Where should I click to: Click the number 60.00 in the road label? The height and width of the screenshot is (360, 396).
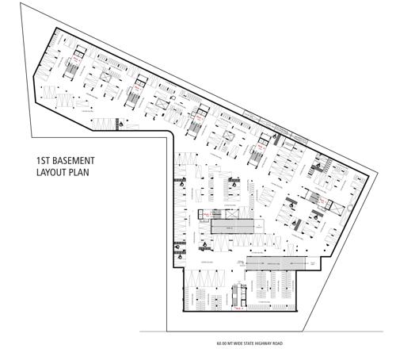point(220,344)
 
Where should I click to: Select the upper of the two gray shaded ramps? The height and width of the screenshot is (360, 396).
point(235,226)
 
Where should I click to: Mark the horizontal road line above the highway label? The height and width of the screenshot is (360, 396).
point(261,331)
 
